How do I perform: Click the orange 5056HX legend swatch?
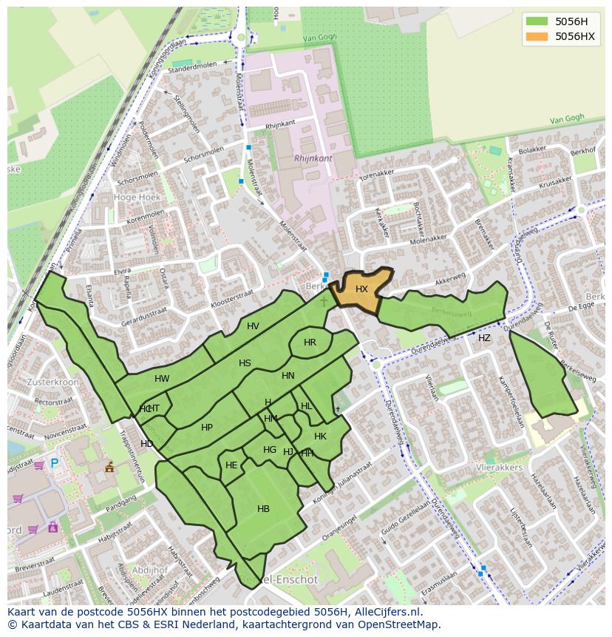point(537,36)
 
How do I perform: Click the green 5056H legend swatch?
point(537,21)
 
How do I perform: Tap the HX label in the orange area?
point(361,289)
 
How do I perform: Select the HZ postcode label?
point(484,338)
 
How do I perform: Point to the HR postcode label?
point(310,343)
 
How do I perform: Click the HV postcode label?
point(253,326)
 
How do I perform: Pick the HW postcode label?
point(162,379)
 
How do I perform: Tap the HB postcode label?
point(263,509)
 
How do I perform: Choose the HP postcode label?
point(207,428)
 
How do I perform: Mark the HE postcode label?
point(231,465)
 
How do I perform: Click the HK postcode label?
point(320,437)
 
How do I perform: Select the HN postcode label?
point(288,376)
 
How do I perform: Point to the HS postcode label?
point(245,363)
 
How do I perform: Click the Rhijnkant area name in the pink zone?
point(313,158)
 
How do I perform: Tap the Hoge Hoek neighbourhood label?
point(137,198)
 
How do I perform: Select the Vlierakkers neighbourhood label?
point(500,468)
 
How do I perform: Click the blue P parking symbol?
point(54,464)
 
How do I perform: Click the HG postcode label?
point(270,450)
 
